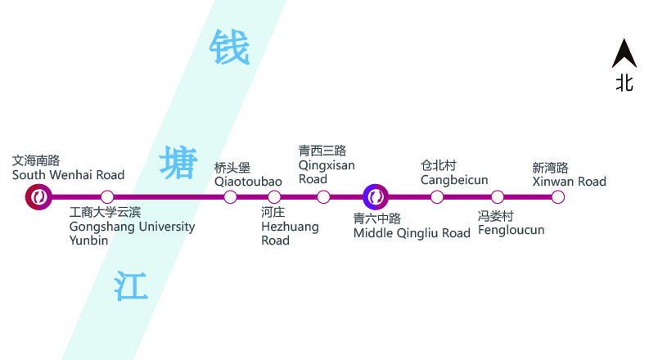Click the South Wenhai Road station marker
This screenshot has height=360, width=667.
(x=38, y=196)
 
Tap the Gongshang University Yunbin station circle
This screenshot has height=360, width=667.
(x=107, y=196)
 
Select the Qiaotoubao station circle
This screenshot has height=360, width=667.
(x=230, y=196)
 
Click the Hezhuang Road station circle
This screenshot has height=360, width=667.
(x=274, y=196)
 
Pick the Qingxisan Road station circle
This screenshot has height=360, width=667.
(x=323, y=196)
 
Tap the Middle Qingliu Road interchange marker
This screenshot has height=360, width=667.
(x=375, y=196)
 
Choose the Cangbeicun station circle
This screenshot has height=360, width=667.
(x=437, y=196)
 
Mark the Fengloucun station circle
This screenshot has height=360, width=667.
(x=498, y=196)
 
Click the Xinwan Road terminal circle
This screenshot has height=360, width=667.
(x=558, y=196)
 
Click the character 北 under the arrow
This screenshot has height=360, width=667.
(x=624, y=83)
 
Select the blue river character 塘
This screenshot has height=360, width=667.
(x=178, y=162)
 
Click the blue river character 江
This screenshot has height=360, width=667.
(x=131, y=286)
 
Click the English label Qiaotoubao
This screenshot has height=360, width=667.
(x=248, y=181)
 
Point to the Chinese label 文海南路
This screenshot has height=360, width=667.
(x=36, y=160)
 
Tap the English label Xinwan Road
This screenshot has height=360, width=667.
(x=569, y=181)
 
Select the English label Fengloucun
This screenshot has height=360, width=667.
(x=512, y=230)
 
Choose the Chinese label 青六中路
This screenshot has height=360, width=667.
(x=377, y=218)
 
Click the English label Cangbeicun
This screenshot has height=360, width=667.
(x=454, y=180)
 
